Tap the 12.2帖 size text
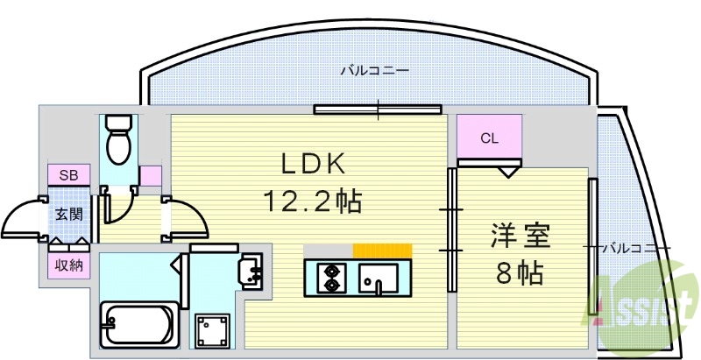pos(314,202)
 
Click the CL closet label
pos(489,138)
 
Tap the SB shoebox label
pos(68,175)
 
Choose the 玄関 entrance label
pos(68,214)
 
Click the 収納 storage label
pos(68,265)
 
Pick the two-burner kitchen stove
pos(332,277)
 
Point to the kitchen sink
pos(378,279)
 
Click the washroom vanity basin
pos(251,270)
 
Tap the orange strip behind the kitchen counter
pos(382,251)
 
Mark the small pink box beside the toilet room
pos(150,175)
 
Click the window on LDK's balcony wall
pos(379,109)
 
